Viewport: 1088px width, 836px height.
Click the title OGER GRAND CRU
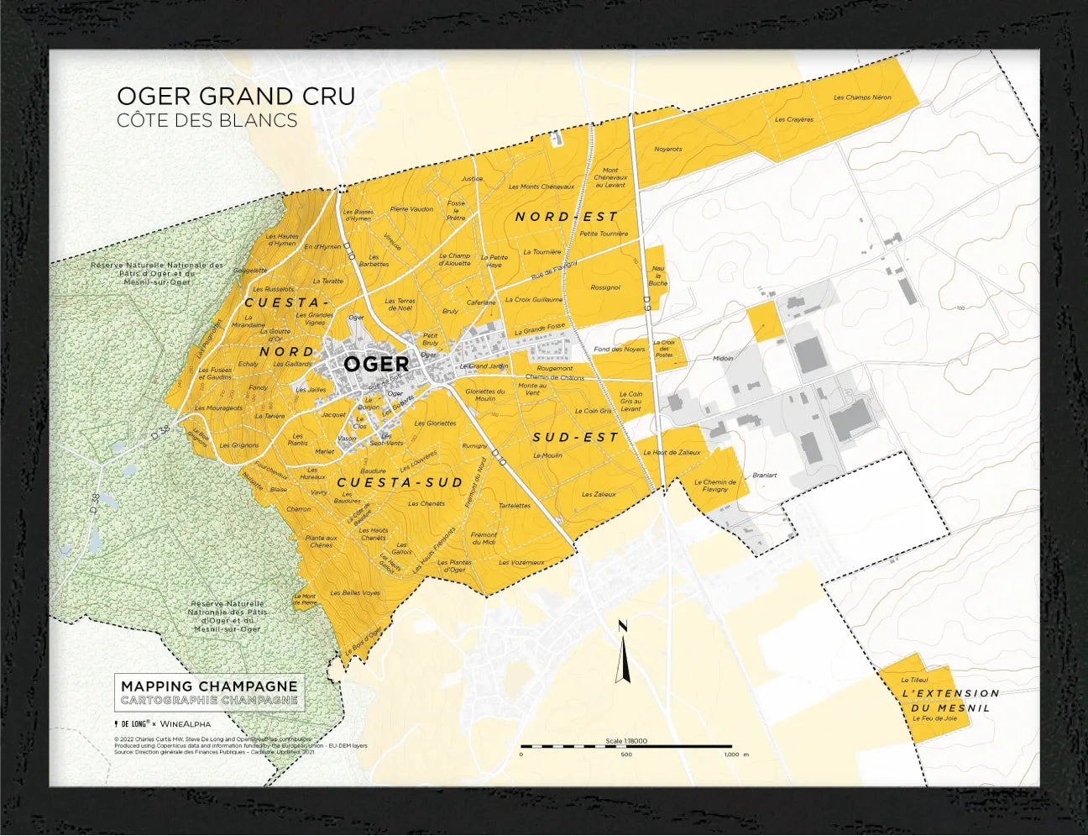236,97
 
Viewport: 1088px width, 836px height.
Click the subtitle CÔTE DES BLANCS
207,120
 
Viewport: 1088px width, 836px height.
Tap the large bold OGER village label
376,364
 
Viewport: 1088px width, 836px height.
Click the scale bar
625,746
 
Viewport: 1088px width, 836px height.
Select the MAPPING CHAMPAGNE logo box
209,693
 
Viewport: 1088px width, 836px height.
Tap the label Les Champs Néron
862,97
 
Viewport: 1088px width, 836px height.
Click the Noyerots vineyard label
667,150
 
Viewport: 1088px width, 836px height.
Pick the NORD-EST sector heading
566,217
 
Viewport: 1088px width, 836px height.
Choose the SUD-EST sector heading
576,438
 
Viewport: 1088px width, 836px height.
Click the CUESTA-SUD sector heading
400,482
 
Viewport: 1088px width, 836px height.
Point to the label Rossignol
604,287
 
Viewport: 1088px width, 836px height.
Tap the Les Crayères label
793,119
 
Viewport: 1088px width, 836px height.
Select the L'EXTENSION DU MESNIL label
950,700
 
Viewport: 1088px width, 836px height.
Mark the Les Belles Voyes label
354,592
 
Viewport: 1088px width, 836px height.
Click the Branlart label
764,475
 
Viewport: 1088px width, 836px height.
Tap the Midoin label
722,358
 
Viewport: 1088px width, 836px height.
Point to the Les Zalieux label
599,495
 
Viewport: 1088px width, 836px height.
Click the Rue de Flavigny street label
554,269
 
